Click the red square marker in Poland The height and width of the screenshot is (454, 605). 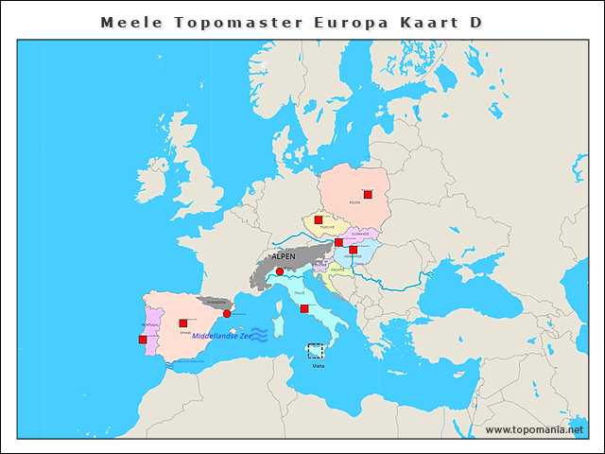(x=368, y=195)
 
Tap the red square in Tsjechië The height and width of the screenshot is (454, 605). (x=319, y=220)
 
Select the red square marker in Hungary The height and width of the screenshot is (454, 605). (x=353, y=250)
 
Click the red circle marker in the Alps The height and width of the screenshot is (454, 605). (x=279, y=271)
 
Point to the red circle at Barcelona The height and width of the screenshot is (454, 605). (x=227, y=313)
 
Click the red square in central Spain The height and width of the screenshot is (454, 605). (x=182, y=323)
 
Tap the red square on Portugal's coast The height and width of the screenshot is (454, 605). (x=143, y=339)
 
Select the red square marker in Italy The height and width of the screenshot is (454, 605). (x=303, y=308)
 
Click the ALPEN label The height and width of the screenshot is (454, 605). (x=284, y=256)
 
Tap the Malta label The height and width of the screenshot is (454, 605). (x=318, y=364)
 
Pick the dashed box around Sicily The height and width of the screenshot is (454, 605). (x=315, y=350)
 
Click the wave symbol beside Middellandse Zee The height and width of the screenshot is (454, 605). (x=259, y=334)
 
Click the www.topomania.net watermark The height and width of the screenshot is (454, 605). (x=534, y=429)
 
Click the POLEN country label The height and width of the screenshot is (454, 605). (x=354, y=202)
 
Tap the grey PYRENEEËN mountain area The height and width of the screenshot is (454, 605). (x=213, y=303)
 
